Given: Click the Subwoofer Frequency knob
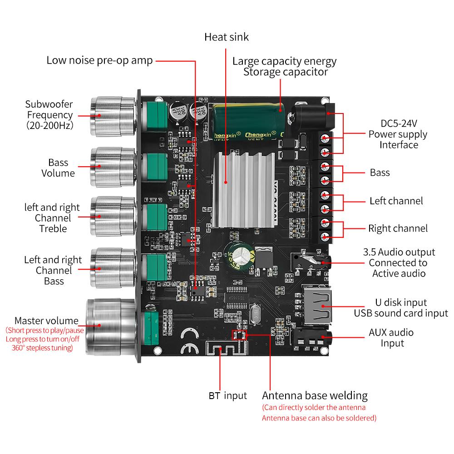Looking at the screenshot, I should [x=111, y=116].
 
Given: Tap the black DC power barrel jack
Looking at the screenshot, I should [x=313, y=116].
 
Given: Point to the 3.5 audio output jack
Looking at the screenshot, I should [x=313, y=262].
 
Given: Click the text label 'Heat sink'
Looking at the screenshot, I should [x=227, y=37].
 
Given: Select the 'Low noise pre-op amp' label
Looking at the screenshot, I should [x=100, y=60].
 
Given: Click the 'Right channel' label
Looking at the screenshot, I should [x=398, y=228].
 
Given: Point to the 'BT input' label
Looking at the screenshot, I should [x=227, y=395].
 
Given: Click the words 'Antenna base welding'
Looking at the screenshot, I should [x=315, y=395].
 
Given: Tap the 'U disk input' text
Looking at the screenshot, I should [x=401, y=302].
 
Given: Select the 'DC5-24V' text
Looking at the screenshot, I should [x=398, y=123].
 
